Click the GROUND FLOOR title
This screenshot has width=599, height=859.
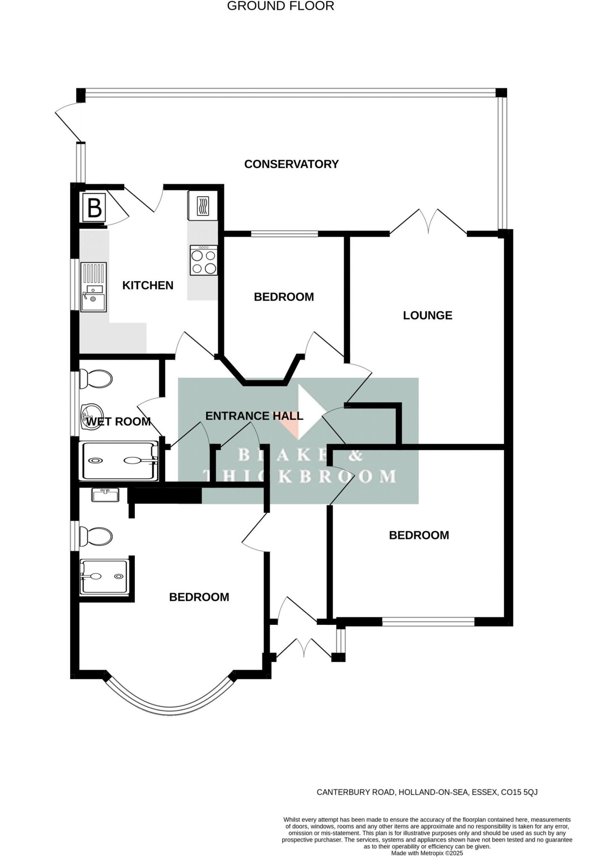point(280,6)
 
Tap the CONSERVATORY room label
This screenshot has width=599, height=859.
point(291,164)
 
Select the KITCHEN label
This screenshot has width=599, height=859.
point(148,285)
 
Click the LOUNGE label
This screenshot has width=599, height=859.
point(427,315)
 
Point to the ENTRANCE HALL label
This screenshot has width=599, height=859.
point(254,416)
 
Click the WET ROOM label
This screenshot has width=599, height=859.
point(118,422)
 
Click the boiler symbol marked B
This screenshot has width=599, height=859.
point(94,207)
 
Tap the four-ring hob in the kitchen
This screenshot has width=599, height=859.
point(204,260)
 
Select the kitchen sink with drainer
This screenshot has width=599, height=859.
point(94,287)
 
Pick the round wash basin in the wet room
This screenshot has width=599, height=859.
point(92,415)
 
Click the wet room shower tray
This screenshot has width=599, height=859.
point(120,461)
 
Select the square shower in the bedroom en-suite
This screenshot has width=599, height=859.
point(104,577)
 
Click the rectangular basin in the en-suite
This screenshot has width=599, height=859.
point(105,495)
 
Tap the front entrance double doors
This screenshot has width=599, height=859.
point(303,648)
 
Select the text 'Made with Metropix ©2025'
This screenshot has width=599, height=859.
point(427,854)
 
